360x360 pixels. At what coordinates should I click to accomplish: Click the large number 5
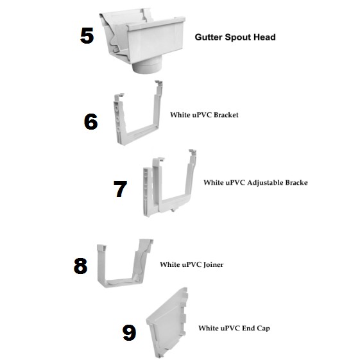(87, 35)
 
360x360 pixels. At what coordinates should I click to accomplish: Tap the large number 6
(90, 121)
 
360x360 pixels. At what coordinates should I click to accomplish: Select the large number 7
(120, 189)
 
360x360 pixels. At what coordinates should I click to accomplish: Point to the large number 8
(80, 266)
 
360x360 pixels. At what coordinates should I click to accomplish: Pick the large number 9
(129, 332)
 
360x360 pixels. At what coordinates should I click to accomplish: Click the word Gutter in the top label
(209, 37)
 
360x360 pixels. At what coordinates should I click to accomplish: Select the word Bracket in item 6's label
(226, 115)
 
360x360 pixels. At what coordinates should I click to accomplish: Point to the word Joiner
(213, 265)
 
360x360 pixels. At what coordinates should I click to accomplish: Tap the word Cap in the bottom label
(263, 329)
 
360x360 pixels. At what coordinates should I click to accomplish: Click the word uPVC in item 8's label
(192, 265)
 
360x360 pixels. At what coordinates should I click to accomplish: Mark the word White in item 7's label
(213, 182)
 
